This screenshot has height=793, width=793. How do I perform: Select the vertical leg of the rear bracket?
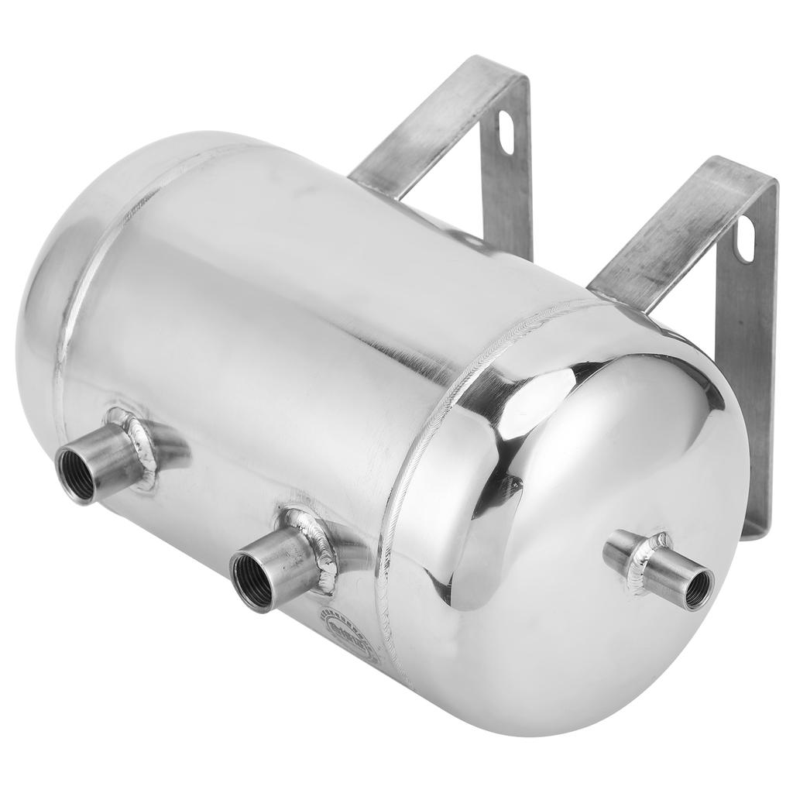(x=515, y=194)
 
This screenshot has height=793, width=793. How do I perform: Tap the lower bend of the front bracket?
(x=755, y=527)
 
